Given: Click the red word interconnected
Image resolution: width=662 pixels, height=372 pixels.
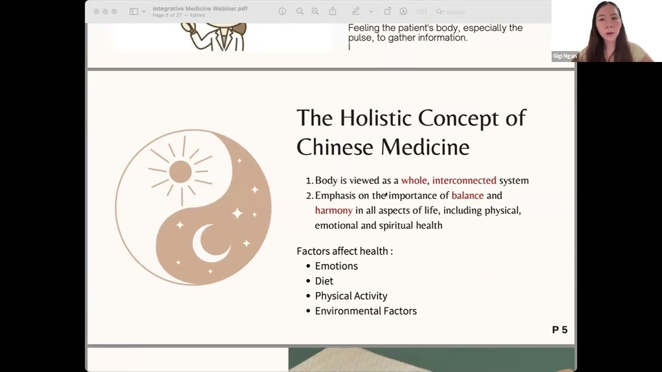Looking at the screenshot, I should pyautogui.click(x=464, y=180).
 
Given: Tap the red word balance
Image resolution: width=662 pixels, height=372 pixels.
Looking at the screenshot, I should pyautogui.click(x=468, y=195).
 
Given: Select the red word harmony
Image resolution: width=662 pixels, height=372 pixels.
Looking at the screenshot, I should pyautogui.click(x=334, y=210).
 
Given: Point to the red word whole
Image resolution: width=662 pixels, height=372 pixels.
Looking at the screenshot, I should pyautogui.click(x=414, y=180).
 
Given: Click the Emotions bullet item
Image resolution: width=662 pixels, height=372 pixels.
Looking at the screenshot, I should pyautogui.click(x=336, y=266).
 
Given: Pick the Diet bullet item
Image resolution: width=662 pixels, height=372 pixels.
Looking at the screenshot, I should pyautogui.click(x=324, y=281).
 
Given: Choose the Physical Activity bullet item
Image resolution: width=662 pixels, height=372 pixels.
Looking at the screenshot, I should pyautogui.click(x=351, y=296).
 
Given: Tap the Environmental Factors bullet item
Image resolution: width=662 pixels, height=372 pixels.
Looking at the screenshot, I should pyautogui.click(x=366, y=311).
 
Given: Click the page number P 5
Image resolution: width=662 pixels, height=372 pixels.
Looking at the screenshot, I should pyautogui.click(x=560, y=330).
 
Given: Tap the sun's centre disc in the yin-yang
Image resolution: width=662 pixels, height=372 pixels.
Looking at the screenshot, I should pyautogui.click(x=180, y=172).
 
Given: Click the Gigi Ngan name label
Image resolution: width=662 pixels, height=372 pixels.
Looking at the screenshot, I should pyautogui.click(x=564, y=56).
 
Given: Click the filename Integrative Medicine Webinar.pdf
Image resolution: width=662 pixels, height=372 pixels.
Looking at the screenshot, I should pyautogui.click(x=200, y=9).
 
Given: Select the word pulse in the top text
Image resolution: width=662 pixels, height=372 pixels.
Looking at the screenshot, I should pyautogui.click(x=360, y=38).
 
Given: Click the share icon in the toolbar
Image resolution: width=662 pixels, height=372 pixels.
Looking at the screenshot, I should pyautogui.click(x=333, y=11).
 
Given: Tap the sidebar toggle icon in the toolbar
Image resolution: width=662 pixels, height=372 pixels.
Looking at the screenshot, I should pyautogui.click(x=134, y=11).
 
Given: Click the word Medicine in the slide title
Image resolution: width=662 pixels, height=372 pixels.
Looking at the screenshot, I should pyautogui.click(x=426, y=147).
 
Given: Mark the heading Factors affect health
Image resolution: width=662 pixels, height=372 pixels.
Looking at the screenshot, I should pyautogui.click(x=344, y=251).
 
